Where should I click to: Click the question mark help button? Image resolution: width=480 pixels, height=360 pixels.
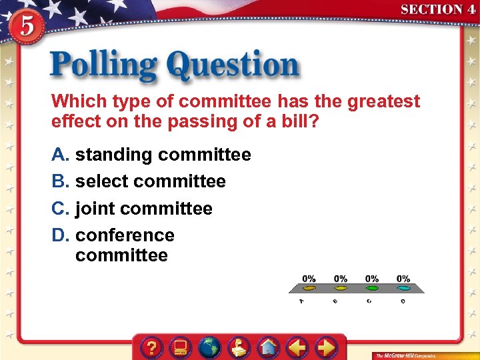[x=153, y=347]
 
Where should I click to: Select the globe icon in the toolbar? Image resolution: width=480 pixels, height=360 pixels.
[x=210, y=347]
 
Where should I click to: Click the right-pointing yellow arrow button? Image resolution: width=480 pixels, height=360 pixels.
[x=325, y=347]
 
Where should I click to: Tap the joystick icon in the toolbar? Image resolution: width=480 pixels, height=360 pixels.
[x=239, y=347]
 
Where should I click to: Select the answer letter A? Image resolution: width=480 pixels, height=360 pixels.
[x=60, y=155]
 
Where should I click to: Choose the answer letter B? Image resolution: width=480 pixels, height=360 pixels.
[x=60, y=181]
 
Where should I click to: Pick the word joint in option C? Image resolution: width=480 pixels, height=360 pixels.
[x=95, y=209]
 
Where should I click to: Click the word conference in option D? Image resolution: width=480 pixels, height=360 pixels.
[x=125, y=235]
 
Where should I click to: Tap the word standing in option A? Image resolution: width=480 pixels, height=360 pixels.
[x=113, y=155]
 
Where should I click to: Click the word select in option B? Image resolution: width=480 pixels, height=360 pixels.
[x=102, y=181]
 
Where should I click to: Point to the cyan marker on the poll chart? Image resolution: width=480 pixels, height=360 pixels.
[x=403, y=289]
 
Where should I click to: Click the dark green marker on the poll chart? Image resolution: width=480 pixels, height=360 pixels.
[x=372, y=289]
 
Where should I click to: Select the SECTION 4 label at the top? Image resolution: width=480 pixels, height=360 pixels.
[x=437, y=9]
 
